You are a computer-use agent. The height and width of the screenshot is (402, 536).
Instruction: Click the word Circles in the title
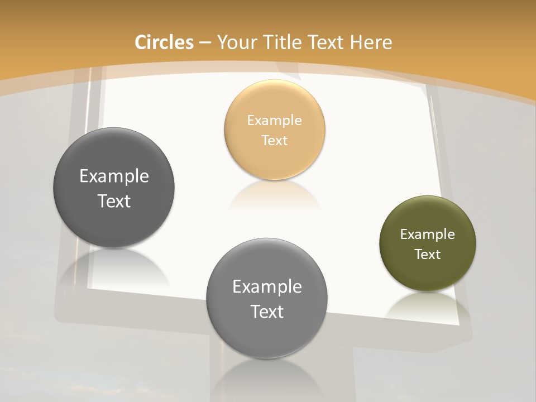pos(164,42)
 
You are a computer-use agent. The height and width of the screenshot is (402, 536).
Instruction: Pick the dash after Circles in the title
pos(204,43)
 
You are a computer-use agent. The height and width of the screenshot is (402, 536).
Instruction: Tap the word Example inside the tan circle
pos(274,120)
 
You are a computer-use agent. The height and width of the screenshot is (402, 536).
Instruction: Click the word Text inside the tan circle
pos(274,140)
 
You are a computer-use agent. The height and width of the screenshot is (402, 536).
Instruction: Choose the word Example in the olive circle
pos(427,234)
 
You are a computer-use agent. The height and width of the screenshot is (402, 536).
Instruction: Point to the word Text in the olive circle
pos(427,254)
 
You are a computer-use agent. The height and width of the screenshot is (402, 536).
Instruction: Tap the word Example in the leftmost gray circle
pos(114,176)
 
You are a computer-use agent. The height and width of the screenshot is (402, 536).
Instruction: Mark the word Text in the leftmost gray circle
pos(114,201)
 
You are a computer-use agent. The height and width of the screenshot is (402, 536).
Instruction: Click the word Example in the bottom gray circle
pos(267,286)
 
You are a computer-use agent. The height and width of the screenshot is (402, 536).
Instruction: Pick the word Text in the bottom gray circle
pos(267,312)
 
